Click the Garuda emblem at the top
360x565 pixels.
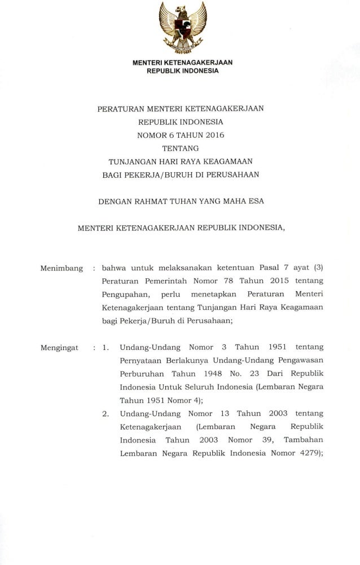[180, 27]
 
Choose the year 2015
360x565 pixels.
[276, 281]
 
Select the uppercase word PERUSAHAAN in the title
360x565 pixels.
[231, 174]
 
